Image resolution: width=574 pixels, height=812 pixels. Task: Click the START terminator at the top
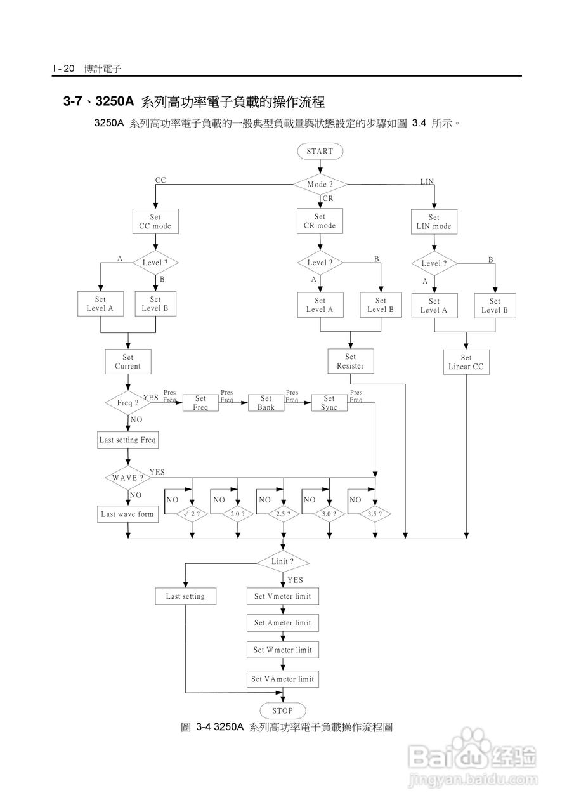(x=320, y=152)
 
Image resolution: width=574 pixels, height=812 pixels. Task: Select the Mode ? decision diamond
(x=320, y=185)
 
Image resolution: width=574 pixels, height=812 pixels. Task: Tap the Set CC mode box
(x=155, y=222)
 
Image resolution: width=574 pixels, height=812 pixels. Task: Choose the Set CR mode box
(x=320, y=221)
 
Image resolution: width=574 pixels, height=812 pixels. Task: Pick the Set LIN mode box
(x=434, y=222)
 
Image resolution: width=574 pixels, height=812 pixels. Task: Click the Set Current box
(x=128, y=362)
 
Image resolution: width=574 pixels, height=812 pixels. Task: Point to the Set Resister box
(x=351, y=362)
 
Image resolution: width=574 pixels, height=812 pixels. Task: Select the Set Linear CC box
(x=466, y=362)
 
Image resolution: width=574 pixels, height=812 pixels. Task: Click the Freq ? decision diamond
(x=128, y=403)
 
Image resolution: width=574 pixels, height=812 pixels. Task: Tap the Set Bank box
(x=266, y=403)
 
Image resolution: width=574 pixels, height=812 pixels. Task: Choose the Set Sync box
(x=329, y=403)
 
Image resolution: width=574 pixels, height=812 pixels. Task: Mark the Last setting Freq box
(x=127, y=440)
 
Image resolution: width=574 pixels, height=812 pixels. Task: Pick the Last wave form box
(x=127, y=514)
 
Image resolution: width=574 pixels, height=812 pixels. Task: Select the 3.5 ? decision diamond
(x=375, y=514)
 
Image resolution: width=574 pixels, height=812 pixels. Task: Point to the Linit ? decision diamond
(x=283, y=561)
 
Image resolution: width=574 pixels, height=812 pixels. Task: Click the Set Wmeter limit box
(x=283, y=650)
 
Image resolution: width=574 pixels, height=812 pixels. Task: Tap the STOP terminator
(x=283, y=710)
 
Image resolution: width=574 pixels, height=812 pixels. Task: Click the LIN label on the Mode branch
(x=427, y=181)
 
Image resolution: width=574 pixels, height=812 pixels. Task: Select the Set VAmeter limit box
(x=283, y=679)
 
